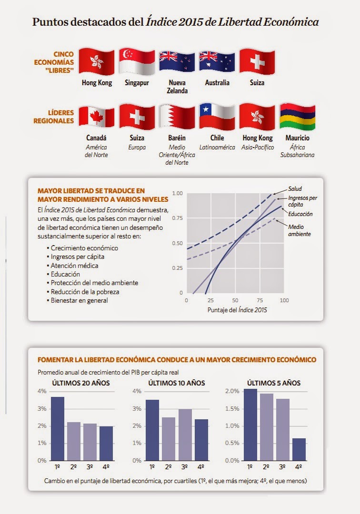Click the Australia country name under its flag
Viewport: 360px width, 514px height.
pyautogui.click(x=217, y=83)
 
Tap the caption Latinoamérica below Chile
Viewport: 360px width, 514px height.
pyautogui.click(x=217, y=148)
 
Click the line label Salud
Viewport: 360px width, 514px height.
pyautogui.click(x=295, y=189)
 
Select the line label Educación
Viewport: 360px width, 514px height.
pyautogui.click(x=300, y=214)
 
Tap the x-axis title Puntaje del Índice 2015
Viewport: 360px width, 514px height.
pyautogui.click(x=238, y=310)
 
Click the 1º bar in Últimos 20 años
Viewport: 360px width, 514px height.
pyautogui.click(x=58, y=428)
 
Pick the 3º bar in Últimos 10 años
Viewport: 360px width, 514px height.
pyautogui.click(x=185, y=435)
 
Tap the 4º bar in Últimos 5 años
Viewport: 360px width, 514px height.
pyautogui.click(x=299, y=449)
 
